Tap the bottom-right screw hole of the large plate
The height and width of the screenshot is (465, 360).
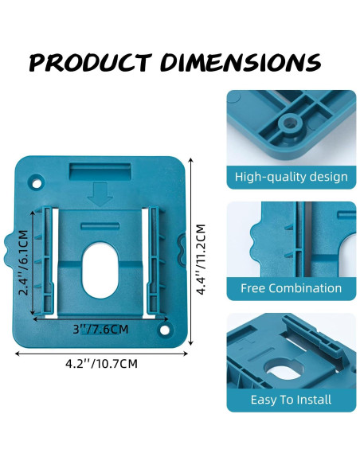pyautogui.click(x=165, y=329)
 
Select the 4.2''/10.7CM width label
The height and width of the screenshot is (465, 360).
pyautogui.click(x=103, y=364)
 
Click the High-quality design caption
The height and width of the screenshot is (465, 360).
pyautogui.click(x=291, y=177)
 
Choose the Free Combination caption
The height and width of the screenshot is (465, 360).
pyautogui.click(x=291, y=288)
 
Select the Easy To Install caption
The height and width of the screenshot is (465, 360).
pyautogui.click(x=291, y=400)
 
